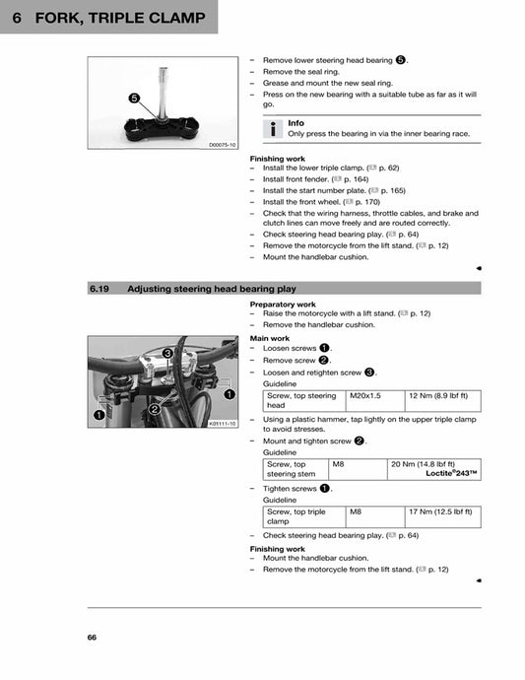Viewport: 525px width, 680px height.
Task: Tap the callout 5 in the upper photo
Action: [x=132, y=97]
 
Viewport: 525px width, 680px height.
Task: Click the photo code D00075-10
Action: [x=223, y=145]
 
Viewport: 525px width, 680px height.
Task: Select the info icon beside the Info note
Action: [x=273, y=128]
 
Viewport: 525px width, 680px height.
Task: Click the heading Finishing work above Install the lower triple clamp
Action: [x=277, y=158]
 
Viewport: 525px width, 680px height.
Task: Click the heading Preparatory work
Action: [x=283, y=305]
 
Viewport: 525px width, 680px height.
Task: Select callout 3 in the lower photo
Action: [x=168, y=353]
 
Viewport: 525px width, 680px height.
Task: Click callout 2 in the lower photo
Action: [x=155, y=409]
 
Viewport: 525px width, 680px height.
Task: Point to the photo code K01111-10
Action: [x=223, y=423]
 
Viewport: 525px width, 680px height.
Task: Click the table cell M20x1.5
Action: [x=364, y=395]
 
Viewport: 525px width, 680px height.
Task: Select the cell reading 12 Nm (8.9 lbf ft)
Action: [x=437, y=395]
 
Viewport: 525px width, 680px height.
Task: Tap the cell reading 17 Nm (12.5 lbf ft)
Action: [x=439, y=511]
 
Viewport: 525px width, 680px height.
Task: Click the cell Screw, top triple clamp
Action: [x=295, y=516]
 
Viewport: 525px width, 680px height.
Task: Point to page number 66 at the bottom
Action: [x=92, y=637]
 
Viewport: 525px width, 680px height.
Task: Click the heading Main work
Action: [x=270, y=338]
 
